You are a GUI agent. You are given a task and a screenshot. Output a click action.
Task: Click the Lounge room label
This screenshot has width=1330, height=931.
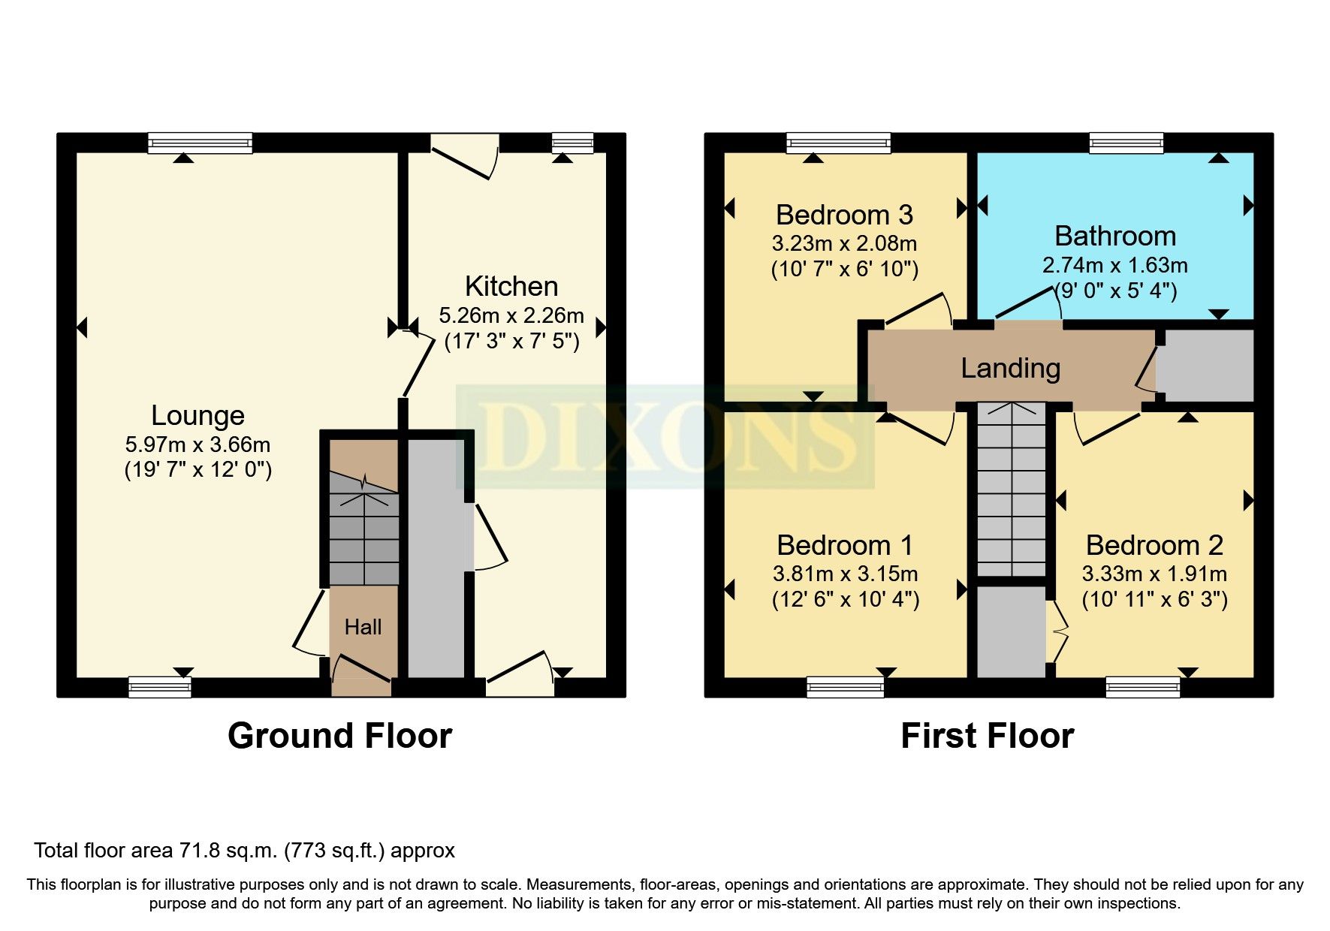click(198, 415)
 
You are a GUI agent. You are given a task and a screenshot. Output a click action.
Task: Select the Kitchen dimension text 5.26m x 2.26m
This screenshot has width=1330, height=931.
click(511, 315)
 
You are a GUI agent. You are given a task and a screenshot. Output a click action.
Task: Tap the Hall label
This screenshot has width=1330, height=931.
click(363, 627)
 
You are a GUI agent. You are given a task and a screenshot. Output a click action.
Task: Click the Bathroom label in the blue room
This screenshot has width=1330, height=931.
click(1114, 236)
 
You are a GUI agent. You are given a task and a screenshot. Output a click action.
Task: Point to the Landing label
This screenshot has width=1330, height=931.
click(1010, 368)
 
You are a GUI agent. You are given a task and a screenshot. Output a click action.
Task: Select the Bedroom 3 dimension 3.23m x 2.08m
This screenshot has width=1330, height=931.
click(844, 243)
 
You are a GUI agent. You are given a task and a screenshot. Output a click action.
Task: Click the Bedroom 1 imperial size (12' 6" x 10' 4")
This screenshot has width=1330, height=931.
click(845, 599)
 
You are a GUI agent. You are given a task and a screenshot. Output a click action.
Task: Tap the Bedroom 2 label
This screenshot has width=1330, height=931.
click(1154, 544)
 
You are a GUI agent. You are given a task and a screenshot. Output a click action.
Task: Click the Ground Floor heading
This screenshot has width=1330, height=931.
click(339, 736)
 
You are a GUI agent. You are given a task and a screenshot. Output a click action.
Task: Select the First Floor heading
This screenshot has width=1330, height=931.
click(987, 736)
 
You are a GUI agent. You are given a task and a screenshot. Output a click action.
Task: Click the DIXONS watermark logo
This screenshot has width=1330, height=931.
click(665, 436)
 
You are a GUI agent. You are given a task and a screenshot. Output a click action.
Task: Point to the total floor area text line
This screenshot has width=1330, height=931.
click(244, 851)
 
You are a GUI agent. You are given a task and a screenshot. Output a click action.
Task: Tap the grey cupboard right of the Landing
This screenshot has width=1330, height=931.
click(1206, 366)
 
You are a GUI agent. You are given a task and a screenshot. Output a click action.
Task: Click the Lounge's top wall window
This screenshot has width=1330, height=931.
click(200, 143)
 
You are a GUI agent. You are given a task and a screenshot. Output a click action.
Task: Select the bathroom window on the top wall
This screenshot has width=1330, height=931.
click(1126, 143)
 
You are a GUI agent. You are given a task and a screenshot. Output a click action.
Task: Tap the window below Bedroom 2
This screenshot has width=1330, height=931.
click(1142, 686)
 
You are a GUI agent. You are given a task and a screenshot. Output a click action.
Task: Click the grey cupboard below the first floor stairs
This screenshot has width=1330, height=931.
click(1011, 631)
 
